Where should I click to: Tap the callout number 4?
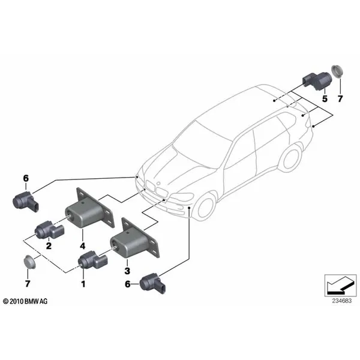click(x=83, y=245)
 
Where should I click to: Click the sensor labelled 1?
click(x=91, y=261)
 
